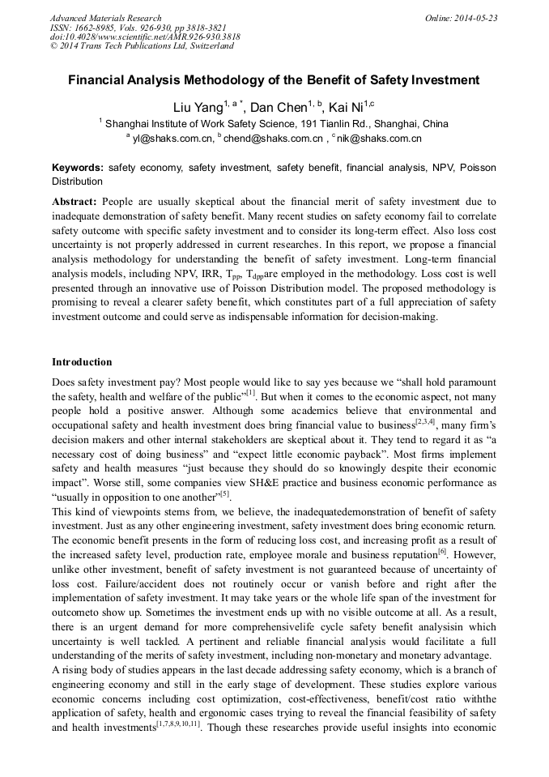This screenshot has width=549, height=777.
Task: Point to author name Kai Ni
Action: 345,108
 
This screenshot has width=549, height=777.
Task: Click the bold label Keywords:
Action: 78,168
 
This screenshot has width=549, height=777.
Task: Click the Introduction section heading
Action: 82,361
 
